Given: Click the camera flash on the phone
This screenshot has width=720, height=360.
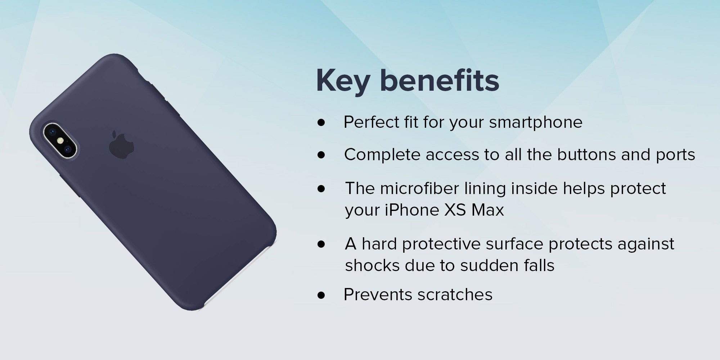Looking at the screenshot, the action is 60,139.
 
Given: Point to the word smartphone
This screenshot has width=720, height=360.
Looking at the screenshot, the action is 536,123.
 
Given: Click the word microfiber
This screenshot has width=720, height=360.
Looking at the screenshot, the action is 419,188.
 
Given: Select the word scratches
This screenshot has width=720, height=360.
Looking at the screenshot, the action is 455,295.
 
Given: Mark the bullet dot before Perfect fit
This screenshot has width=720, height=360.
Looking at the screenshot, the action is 321,123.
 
